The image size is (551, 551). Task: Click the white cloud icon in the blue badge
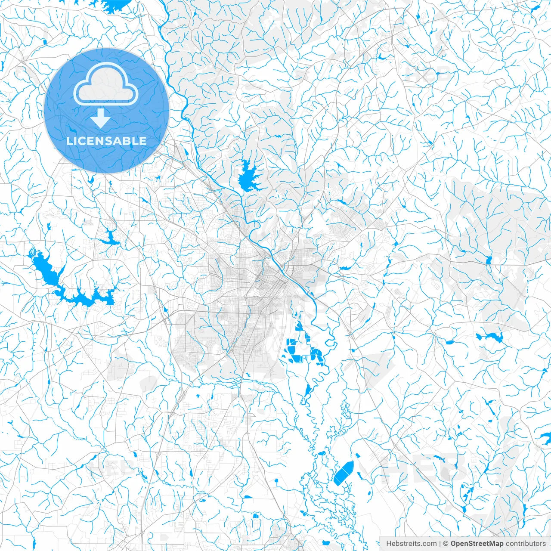106,84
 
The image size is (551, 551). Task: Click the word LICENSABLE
106,141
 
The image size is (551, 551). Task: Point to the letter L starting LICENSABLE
69,141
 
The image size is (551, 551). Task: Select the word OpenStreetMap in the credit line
477,544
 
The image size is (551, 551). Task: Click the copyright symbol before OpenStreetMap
446,544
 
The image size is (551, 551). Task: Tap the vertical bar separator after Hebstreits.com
440,544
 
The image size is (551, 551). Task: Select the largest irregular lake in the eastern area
490,337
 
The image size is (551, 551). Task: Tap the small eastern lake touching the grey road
488,260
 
